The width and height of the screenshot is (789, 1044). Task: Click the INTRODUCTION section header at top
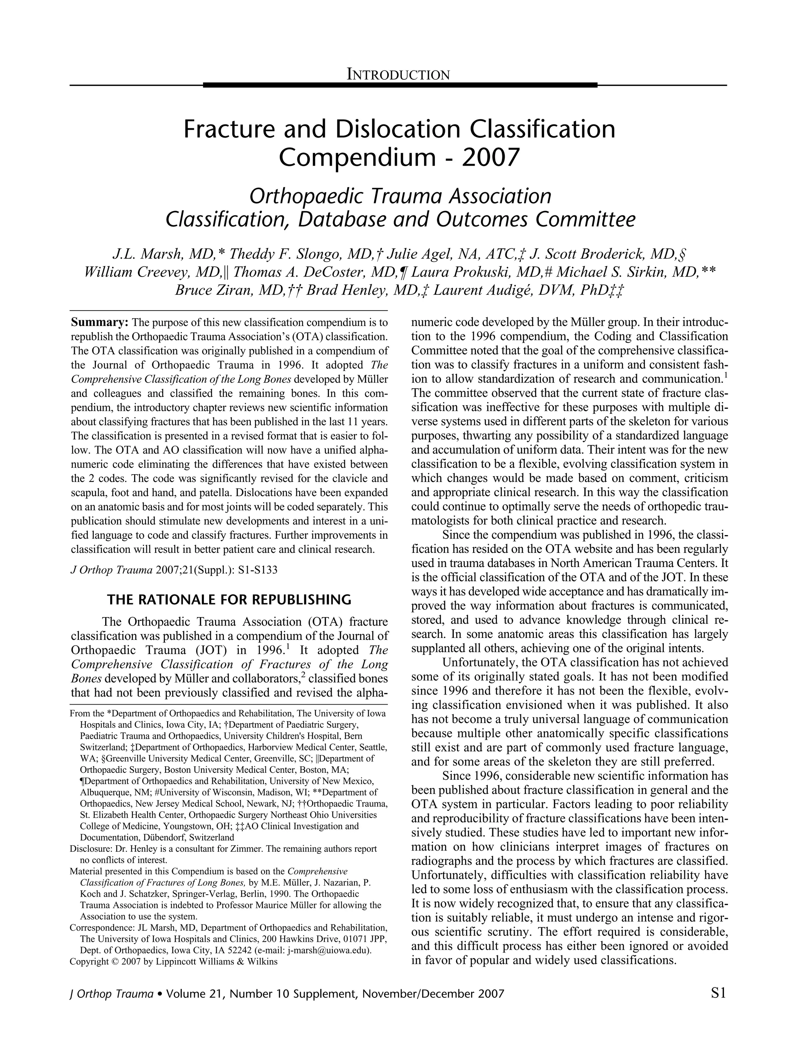[x=398, y=75]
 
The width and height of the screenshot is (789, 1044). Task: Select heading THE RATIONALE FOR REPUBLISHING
[x=229, y=600]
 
